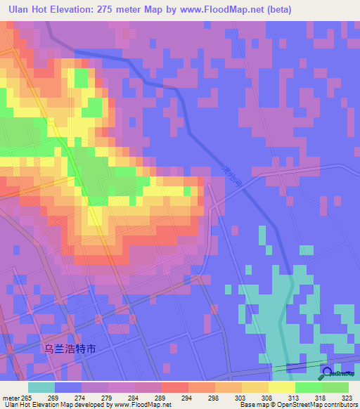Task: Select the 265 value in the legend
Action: pyautogui.click(x=27, y=397)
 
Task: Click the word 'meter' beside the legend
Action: pyautogui.click(x=11, y=397)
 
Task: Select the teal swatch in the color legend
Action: pyautogui.click(x=41, y=387)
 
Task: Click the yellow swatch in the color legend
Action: pyautogui.click(x=281, y=387)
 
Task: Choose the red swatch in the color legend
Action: pyautogui.click(x=174, y=387)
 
